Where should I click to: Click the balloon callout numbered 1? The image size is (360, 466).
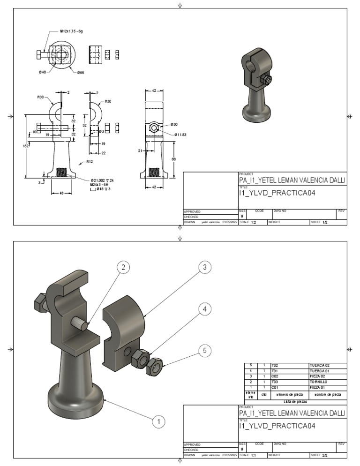click(x=159, y=422)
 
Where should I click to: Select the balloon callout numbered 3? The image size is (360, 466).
click(x=204, y=268)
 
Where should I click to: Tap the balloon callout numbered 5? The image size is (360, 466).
click(x=204, y=350)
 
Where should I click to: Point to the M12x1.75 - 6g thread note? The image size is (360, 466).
click(x=71, y=31)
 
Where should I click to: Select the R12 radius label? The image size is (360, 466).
click(x=89, y=162)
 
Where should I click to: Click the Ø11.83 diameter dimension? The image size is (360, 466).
click(x=180, y=135)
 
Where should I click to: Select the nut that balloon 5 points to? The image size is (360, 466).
click(x=155, y=366)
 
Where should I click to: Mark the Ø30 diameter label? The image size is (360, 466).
click(x=174, y=124)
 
